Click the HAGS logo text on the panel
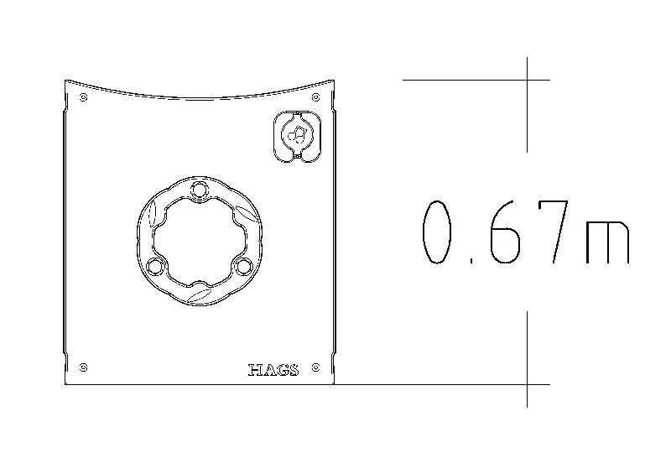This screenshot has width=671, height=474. [x=273, y=370]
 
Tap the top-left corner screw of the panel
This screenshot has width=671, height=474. [x=83, y=97]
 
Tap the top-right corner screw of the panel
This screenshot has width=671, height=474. [x=315, y=97]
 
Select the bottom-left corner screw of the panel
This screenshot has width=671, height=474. [x=83, y=367]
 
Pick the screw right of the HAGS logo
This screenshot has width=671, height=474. [x=315, y=367]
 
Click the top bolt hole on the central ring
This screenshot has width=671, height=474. [x=199, y=189]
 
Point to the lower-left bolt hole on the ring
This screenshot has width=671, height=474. [x=154, y=266]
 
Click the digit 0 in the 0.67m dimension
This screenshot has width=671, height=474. [x=439, y=232]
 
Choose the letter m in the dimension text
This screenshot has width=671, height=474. [x=607, y=242]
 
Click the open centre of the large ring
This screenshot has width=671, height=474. [x=199, y=239]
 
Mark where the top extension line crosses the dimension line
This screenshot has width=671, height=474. [x=527, y=80]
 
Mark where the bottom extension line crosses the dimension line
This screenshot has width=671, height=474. [x=527, y=384]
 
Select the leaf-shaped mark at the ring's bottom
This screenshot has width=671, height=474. [x=200, y=294]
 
